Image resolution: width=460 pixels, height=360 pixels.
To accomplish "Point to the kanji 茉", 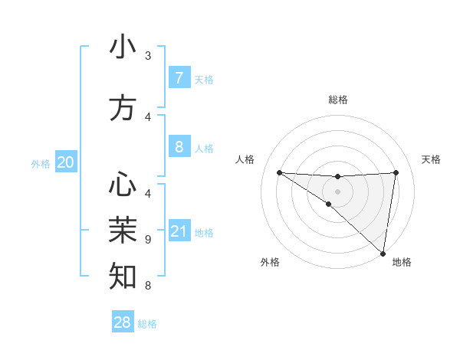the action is coord(123,230).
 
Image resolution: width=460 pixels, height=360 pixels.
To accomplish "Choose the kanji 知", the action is coord(123,275).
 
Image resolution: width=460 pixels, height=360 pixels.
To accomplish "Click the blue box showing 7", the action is coord(179,78).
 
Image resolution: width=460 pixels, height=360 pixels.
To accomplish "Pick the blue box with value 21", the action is coord(179,231).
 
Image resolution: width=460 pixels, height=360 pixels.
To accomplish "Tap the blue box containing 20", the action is coord(66,162).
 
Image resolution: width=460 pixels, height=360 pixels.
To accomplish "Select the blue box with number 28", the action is coord(123,322).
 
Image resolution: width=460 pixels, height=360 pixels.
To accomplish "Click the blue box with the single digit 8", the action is coord(179,147).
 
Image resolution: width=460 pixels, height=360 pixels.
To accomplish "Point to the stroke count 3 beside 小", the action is coord(148,56).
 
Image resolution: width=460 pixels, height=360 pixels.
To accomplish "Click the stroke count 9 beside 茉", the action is coord(148,240).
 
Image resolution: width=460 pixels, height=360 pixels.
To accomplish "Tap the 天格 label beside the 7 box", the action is coord(204,80).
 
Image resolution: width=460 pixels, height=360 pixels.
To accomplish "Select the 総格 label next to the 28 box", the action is coord(147,324).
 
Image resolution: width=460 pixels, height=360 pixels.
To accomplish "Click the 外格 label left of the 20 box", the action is coord(41,163).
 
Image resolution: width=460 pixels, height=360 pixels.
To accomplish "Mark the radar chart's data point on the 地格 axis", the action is coord(383,253).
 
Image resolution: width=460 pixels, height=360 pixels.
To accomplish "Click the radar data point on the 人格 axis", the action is coord(279,172).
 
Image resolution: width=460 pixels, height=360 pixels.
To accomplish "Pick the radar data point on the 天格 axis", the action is coord(396,172).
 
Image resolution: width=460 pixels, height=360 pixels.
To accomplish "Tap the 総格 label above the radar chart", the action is coord(337,100).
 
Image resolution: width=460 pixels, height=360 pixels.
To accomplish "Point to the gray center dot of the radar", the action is coord(337,190).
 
